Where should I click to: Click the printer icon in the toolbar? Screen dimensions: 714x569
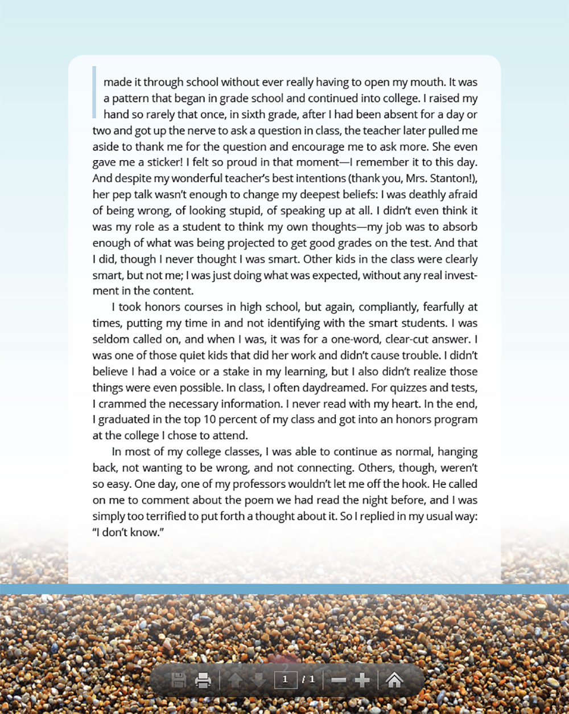[x=203, y=680]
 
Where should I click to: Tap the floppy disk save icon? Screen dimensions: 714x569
[x=178, y=680]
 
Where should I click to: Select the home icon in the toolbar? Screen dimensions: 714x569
[x=394, y=680]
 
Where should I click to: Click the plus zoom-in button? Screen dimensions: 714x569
[x=362, y=680]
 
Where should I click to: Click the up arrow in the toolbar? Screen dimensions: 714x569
[x=235, y=680]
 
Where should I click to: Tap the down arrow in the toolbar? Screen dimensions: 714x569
[x=258, y=680]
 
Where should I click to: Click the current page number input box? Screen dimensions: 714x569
[x=285, y=680]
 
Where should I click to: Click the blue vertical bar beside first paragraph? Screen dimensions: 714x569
[x=94, y=92]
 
